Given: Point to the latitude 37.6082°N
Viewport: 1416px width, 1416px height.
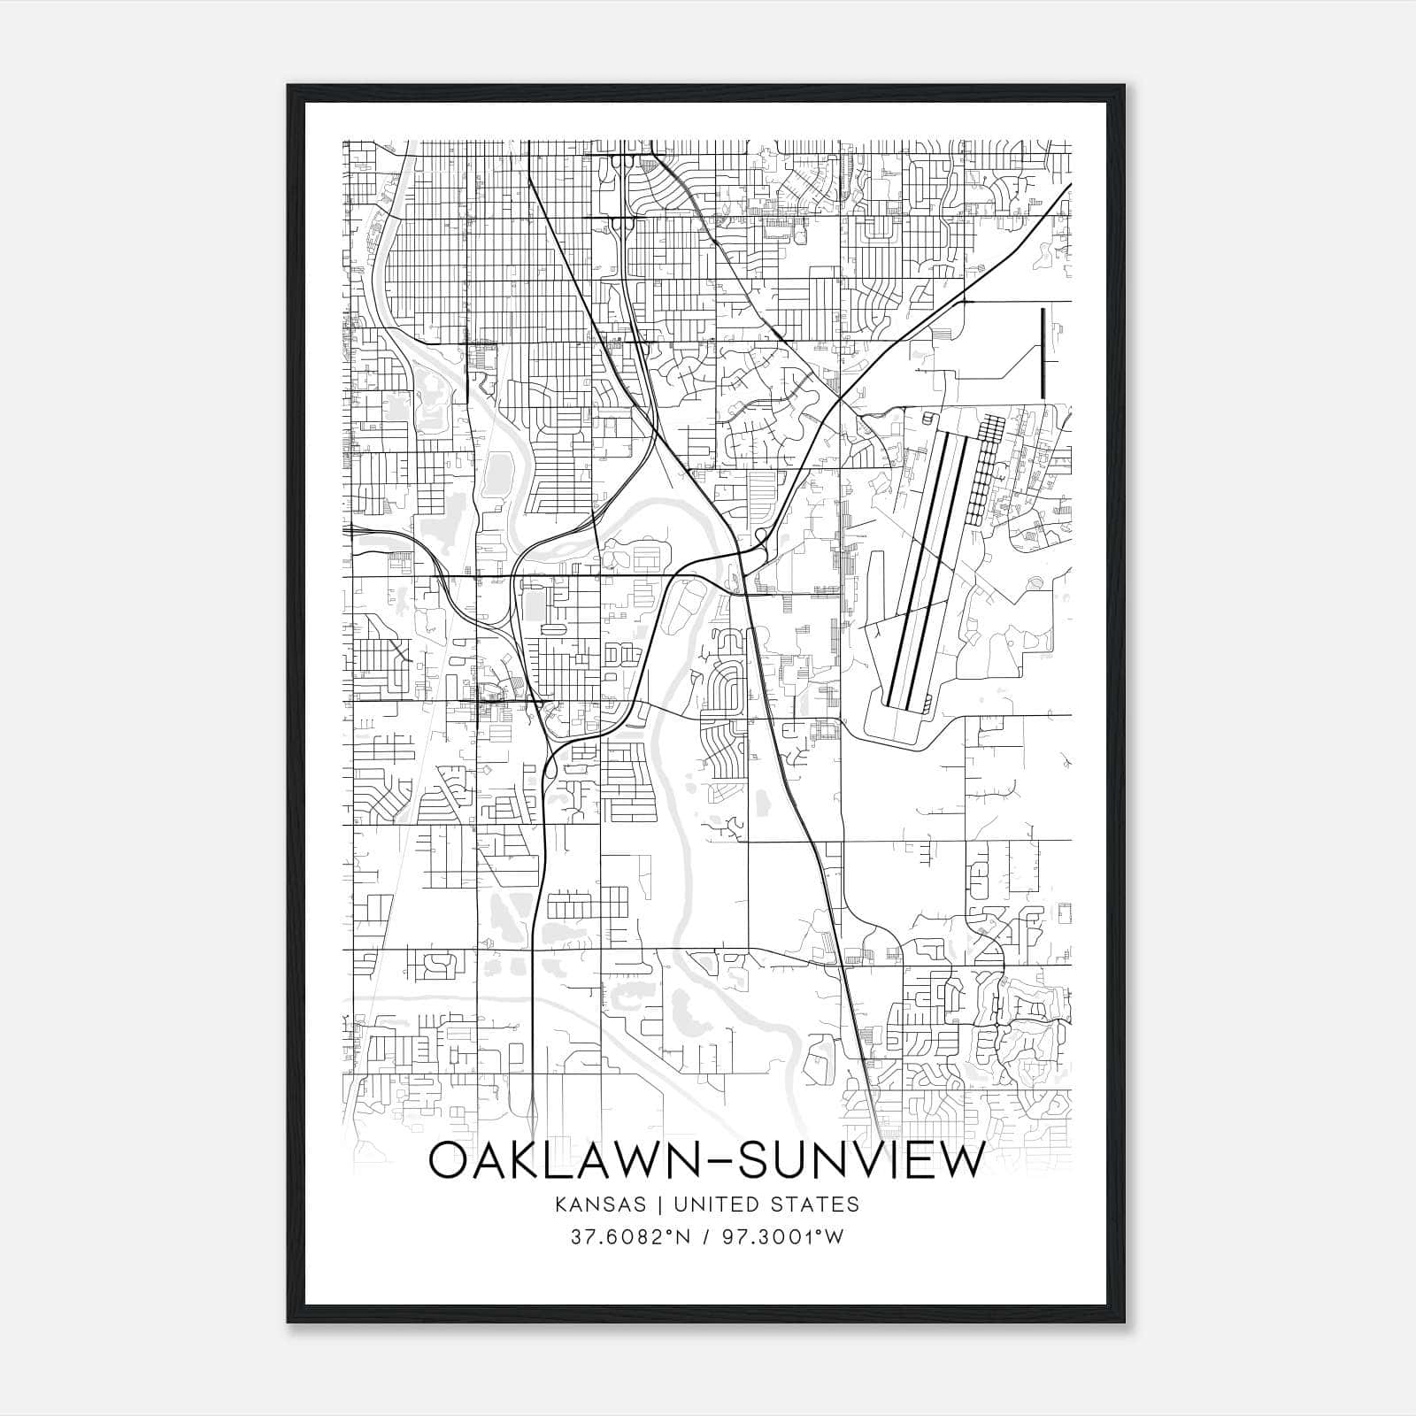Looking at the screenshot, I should [x=630, y=1236].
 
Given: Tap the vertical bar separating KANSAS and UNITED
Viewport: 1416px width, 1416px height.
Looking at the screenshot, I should [x=664, y=1204].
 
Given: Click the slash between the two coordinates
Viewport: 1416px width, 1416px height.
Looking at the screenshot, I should [x=707, y=1236].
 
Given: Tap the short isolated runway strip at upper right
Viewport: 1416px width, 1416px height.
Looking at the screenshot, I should [x=1043, y=352].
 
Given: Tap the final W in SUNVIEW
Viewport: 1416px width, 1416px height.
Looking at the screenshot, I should [x=962, y=1161].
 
